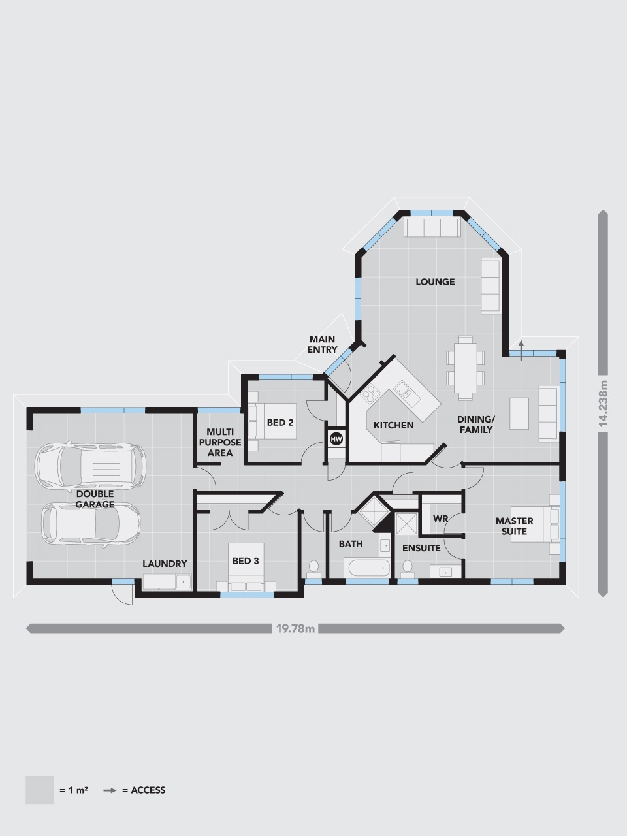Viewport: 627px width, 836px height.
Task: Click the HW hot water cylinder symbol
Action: (337, 439)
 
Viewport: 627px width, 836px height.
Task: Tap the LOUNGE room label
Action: (435, 282)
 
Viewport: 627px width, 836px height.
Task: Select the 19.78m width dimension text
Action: (296, 629)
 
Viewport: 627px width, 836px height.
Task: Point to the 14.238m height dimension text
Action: (603, 404)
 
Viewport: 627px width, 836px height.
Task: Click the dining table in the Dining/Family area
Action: (466, 367)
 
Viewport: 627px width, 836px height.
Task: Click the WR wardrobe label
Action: (441, 519)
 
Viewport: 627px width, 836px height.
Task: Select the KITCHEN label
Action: (393, 425)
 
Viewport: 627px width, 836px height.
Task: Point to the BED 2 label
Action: (280, 423)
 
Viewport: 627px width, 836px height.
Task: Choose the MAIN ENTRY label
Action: (323, 344)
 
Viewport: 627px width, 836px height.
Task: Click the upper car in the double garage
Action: (90, 466)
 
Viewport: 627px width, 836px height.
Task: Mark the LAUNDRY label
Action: (165, 564)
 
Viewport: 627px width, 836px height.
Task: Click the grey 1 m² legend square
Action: (39, 790)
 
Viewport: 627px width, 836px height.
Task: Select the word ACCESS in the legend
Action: (148, 790)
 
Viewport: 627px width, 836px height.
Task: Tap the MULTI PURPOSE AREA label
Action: (220, 442)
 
